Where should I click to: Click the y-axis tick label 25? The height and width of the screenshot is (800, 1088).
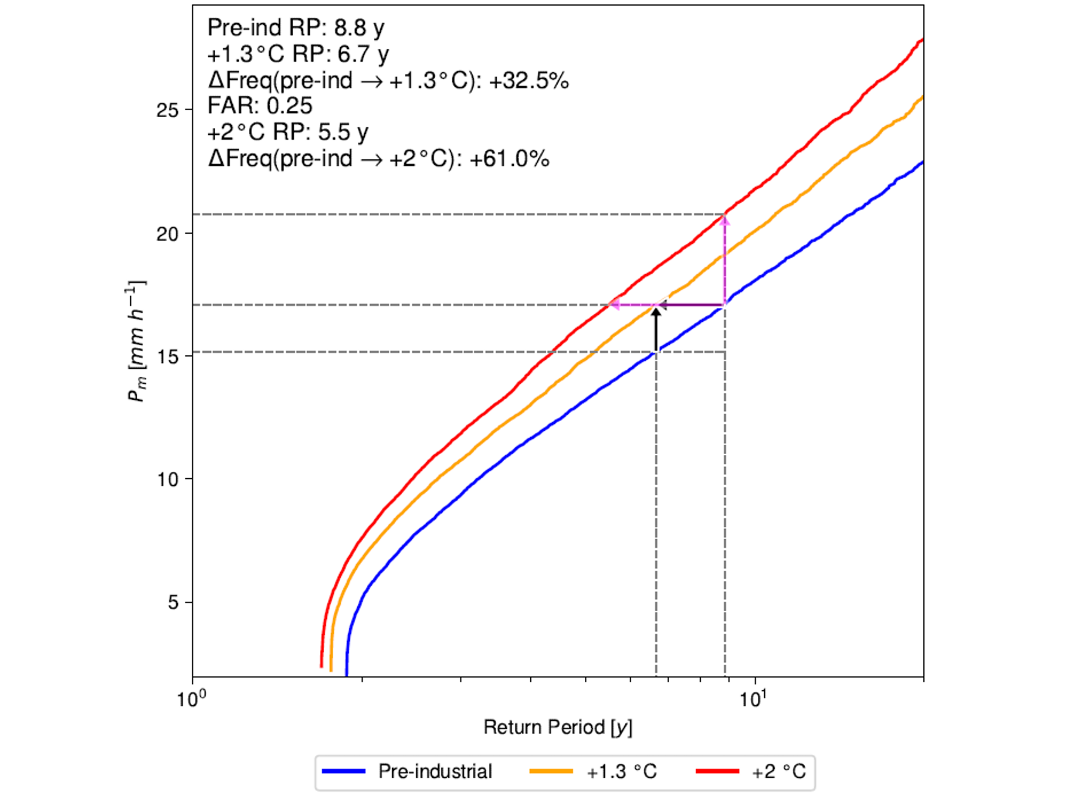click(167, 110)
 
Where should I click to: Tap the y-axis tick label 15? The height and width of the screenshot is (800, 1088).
click(167, 357)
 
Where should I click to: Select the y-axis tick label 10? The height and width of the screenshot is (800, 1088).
click(167, 480)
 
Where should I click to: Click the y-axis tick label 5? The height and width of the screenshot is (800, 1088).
click(173, 603)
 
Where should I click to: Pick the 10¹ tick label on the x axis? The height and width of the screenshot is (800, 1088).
click(753, 698)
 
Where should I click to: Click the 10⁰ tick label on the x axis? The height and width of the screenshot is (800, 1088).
click(192, 698)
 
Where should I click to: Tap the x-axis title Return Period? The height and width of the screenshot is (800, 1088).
click(558, 727)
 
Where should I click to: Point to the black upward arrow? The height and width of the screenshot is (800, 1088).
click(656, 329)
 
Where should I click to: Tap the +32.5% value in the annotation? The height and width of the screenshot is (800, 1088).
click(529, 80)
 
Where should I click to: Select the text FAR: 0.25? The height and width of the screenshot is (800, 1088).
click(260, 106)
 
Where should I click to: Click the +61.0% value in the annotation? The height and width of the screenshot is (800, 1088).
click(509, 158)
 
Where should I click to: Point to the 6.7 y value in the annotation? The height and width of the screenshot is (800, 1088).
click(363, 54)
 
